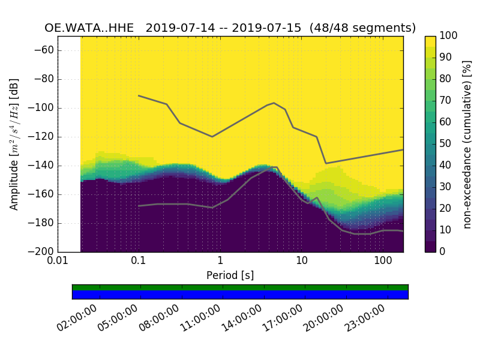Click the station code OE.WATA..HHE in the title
point(89,28)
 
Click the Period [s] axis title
point(230,275)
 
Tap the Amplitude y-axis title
point(14,144)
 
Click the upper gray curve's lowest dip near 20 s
point(326,163)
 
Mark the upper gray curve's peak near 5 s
point(274,103)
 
